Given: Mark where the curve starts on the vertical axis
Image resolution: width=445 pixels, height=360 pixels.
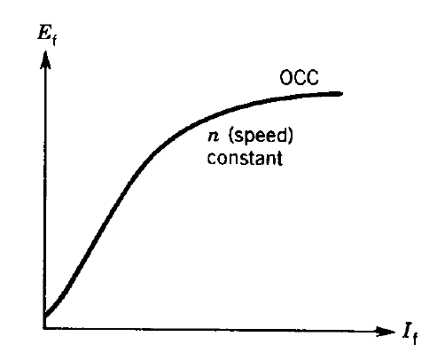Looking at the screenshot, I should click(x=43, y=312).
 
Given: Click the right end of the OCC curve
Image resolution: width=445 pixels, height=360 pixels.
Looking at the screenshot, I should click(x=340, y=94).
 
